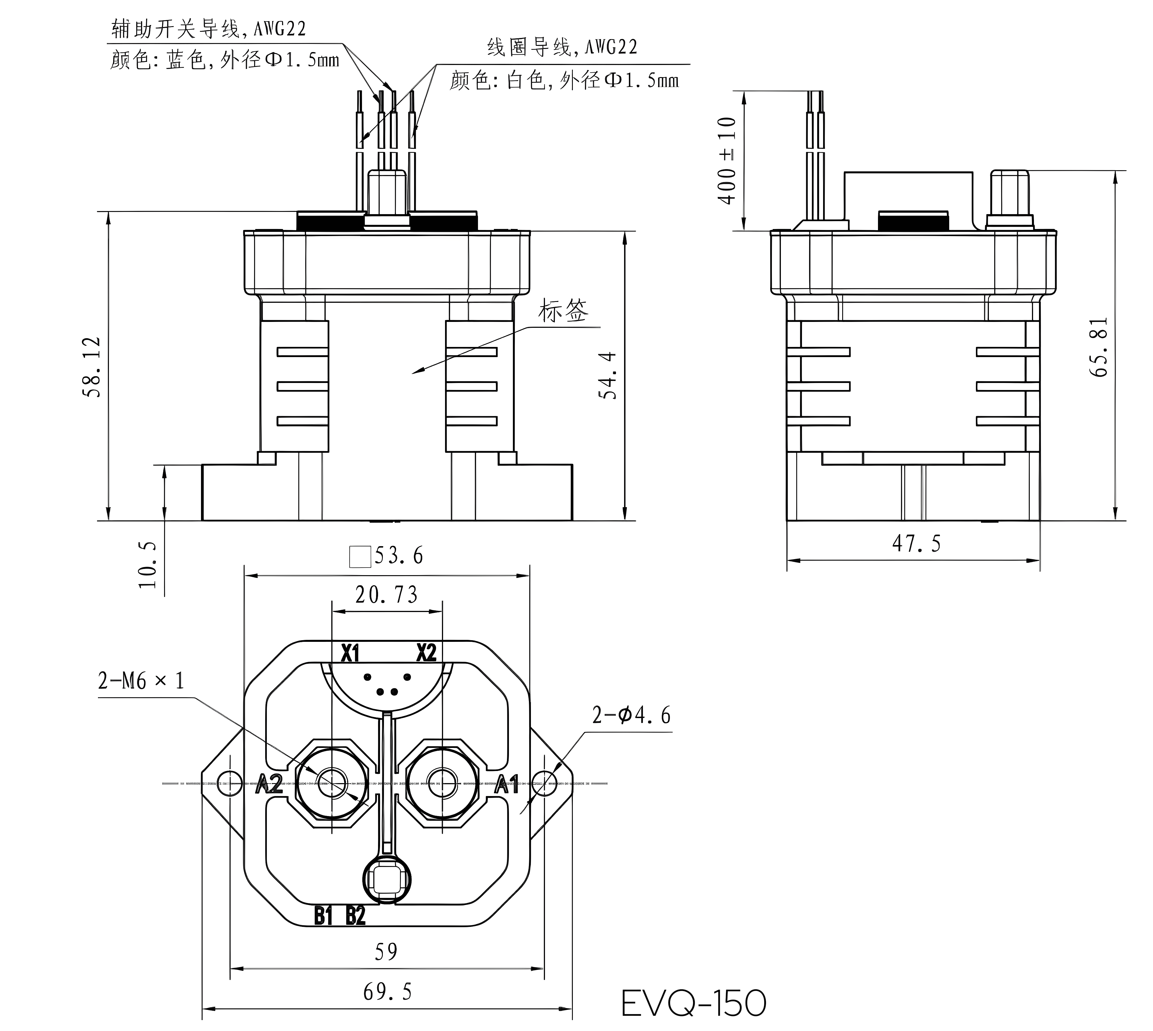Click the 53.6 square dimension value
coord(398,556)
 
